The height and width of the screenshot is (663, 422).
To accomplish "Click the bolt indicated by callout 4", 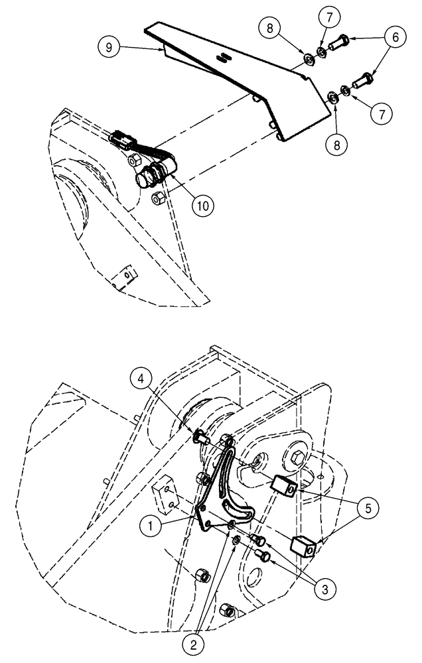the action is pyautogui.click(x=200, y=438).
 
